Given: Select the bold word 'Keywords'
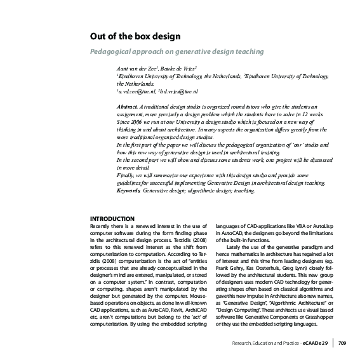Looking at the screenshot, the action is coord(130,190).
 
